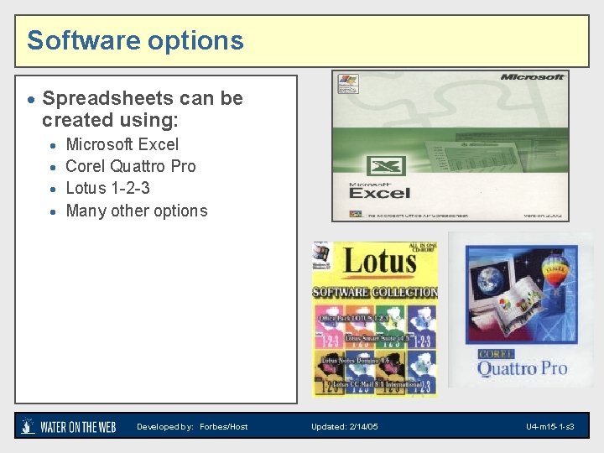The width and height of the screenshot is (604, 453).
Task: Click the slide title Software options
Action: click(135, 40)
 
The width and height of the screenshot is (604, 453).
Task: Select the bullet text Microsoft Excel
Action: click(122, 144)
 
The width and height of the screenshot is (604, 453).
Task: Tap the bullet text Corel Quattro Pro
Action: click(130, 166)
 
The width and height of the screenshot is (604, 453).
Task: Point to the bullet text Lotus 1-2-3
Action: click(107, 188)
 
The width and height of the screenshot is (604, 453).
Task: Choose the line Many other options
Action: click(136, 211)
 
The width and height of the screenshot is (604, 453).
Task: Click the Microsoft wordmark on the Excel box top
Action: click(532, 78)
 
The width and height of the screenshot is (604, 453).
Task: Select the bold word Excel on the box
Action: click(379, 193)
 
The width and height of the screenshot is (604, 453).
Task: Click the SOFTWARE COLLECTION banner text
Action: click(375, 293)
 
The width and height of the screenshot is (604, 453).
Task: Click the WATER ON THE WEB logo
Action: click(69, 426)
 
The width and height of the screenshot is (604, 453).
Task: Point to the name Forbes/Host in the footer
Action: click(224, 427)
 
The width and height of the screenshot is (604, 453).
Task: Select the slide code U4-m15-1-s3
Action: click(550, 427)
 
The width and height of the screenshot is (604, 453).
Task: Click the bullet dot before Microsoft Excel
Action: click(53, 145)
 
